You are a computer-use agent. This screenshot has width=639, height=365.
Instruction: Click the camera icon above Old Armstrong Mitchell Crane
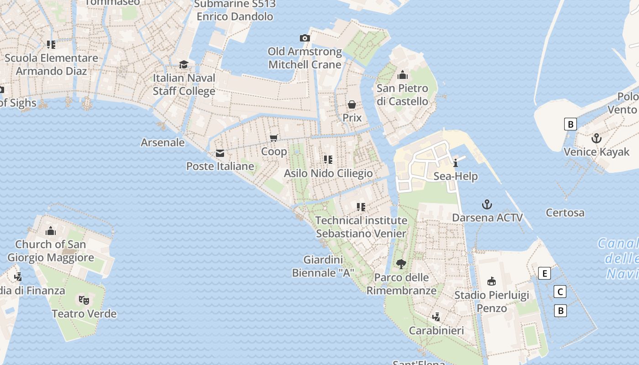[x=304, y=38]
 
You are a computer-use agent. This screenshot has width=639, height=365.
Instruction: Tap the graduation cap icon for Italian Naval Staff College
[x=183, y=64]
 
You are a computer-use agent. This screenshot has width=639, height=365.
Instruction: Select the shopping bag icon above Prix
[x=352, y=104]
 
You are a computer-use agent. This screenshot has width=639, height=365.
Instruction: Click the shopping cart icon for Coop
[x=274, y=138]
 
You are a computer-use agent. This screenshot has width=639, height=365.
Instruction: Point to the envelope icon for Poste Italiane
[x=220, y=153]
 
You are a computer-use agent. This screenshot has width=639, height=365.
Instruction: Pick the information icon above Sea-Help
[x=455, y=163]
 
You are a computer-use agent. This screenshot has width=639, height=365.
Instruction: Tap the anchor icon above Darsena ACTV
[x=487, y=204]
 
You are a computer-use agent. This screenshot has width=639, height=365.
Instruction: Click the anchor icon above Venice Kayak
[x=596, y=138]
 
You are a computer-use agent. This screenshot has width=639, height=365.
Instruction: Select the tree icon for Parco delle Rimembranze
[x=401, y=264]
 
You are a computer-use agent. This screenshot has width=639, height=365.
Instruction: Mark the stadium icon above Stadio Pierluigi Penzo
[x=492, y=281]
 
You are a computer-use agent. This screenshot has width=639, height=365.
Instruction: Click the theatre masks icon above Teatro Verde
[x=84, y=300]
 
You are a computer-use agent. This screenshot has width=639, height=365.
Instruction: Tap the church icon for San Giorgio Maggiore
[x=51, y=231]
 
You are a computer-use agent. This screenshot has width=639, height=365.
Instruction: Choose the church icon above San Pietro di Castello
[x=403, y=75]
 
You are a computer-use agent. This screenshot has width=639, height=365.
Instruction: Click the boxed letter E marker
[x=544, y=274]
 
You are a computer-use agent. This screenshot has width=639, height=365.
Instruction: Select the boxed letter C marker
[x=560, y=292]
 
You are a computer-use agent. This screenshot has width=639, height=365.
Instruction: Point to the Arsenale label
[x=162, y=142]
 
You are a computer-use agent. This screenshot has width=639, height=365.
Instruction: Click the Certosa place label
[x=565, y=213]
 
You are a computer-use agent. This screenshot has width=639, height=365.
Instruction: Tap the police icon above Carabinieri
[x=436, y=317]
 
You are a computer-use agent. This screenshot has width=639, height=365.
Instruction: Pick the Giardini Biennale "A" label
[x=323, y=266]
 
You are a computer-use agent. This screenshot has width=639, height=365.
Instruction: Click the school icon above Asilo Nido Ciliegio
[x=328, y=159]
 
